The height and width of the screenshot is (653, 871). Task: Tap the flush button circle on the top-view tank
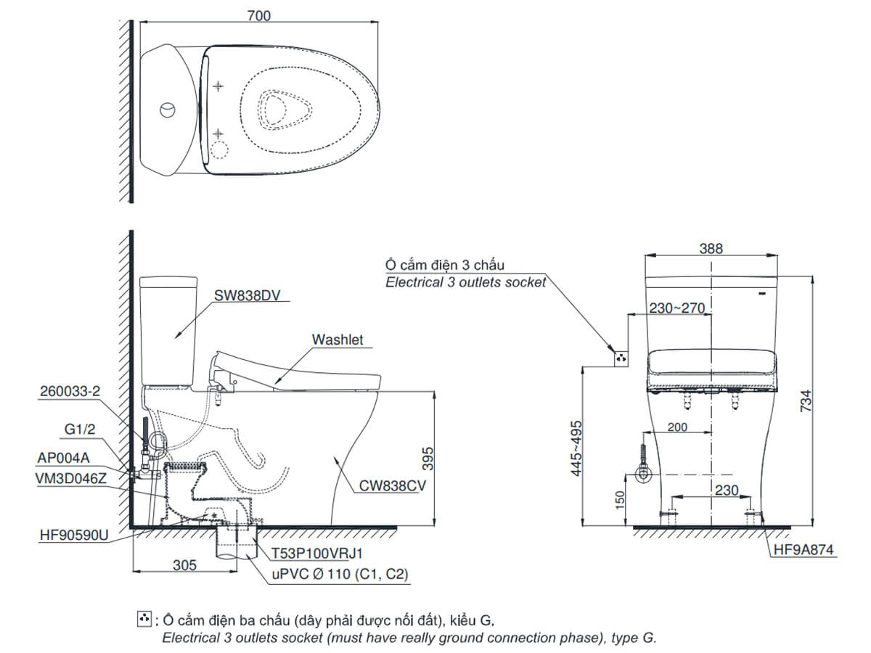(167, 110)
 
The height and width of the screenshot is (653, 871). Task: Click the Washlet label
(337, 340)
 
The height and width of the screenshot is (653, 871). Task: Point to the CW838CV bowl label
(389, 488)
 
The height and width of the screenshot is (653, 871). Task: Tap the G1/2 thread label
(80, 429)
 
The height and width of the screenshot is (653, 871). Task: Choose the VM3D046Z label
(70, 479)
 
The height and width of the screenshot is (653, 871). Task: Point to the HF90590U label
(74, 536)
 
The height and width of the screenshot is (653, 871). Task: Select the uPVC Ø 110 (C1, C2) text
(340, 575)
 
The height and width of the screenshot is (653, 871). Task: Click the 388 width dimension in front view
(711, 248)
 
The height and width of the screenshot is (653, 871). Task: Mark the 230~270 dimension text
(677, 308)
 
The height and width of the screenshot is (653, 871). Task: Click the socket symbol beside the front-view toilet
(621, 358)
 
